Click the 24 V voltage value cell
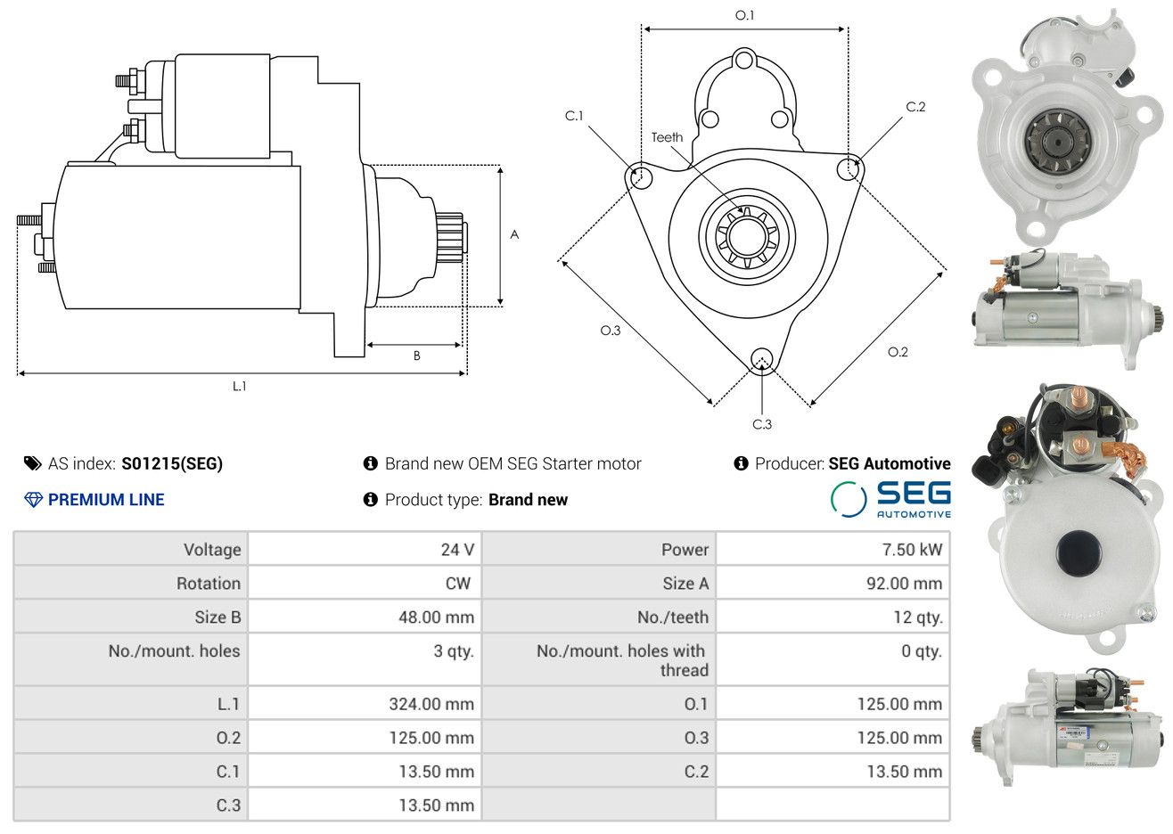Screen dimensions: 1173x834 pos(457,549)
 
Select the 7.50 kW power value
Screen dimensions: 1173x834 pos(912,549)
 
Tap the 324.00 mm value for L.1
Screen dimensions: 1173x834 pos(431,704)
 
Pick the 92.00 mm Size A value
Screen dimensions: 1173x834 pos(904,584)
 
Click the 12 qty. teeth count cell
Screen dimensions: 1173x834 pos(917,617)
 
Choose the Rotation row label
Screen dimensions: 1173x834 pos(209,584)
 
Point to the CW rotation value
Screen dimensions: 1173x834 pos(457,584)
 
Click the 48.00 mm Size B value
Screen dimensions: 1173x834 pos(436,617)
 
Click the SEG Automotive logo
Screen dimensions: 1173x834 pos(890,500)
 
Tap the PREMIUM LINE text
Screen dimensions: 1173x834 pos(106,500)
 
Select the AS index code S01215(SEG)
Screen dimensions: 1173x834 pos(172,463)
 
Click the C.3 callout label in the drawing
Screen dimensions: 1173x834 pos(762,424)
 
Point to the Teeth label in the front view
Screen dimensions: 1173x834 pos(667,137)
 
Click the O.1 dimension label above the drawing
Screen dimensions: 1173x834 pos(744,15)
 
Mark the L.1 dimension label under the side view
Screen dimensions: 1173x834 pos(239,387)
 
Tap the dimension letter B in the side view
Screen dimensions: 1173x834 pos(417,356)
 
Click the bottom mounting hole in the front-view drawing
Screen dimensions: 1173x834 pos(762,360)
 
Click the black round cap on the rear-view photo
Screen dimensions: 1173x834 pos(1079,551)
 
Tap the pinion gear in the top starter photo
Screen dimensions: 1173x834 pos(1058,142)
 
